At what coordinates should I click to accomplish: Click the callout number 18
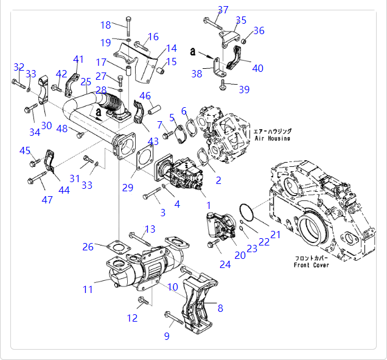tap(106, 25)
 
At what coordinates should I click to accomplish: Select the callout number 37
tap(223, 10)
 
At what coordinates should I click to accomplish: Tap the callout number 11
tap(88, 289)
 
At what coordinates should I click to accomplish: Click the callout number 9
tap(166, 336)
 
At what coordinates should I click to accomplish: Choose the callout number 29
tap(127, 188)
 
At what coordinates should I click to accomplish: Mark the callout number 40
tap(257, 68)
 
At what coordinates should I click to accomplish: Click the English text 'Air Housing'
tap(272, 138)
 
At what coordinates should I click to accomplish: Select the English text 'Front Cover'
tap(311, 265)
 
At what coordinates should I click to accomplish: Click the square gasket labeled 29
tap(145, 158)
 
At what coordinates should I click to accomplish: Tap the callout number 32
tap(19, 67)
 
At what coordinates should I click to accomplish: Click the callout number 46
tap(145, 96)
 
